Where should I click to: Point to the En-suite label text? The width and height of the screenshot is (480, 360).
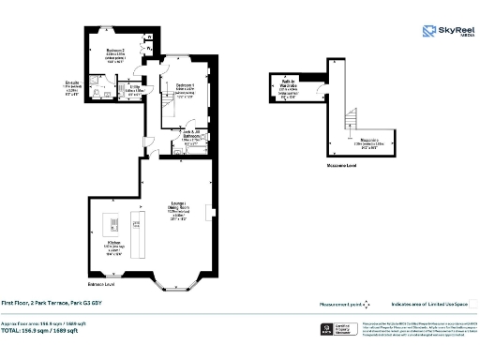(72, 89)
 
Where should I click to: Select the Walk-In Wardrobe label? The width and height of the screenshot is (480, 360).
(290, 87)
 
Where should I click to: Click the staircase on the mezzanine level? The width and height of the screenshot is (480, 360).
(352, 119)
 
